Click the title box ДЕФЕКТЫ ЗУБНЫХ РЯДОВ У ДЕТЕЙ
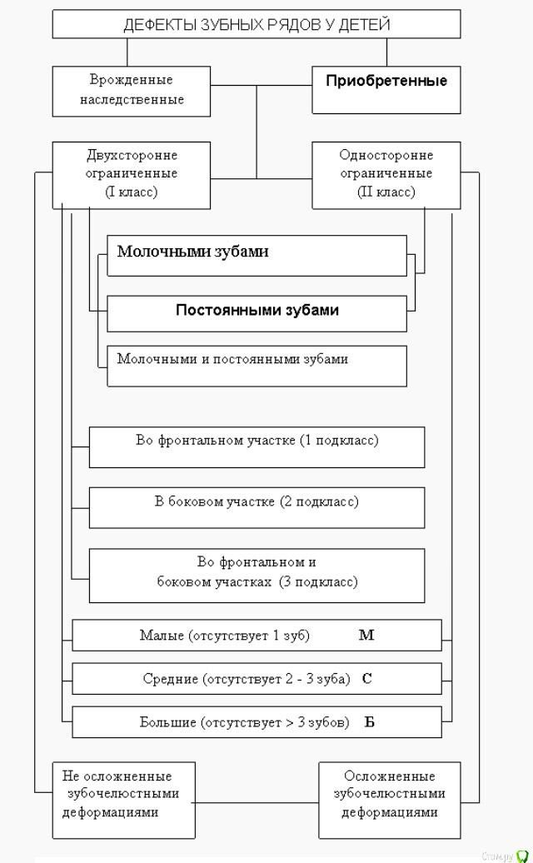coord(257,25)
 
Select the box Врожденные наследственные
coord(132,91)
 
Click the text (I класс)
coord(132,192)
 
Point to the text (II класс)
coord(386,192)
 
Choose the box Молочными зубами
coord(257,254)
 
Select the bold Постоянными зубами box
coord(257,312)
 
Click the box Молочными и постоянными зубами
coord(257,365)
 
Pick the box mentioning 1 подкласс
coord(257,446)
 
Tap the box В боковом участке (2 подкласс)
coord(257,506)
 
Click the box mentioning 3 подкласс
coord(257,574)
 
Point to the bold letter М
coord(366,636)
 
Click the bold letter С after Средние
coord(366,679)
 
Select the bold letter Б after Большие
coord(369,722)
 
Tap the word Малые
coord(159,636)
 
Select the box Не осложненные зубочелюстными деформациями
coord(123,799)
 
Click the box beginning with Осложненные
coord(389,799)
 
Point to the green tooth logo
coord(522,856)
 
